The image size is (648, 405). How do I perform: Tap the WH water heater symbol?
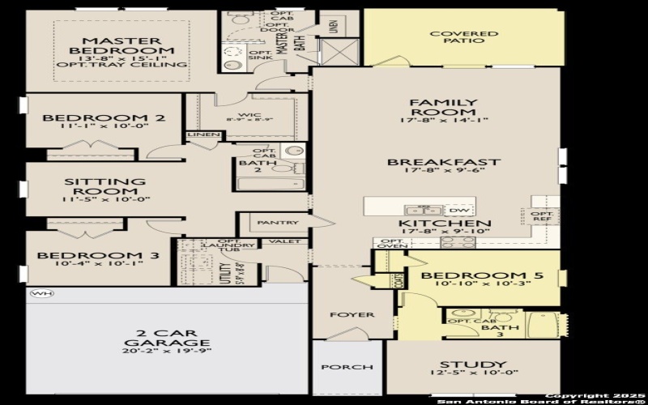pyautogui.click(x=37, y=292)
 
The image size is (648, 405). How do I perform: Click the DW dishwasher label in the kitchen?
pyautogui.click(x=458, y=210)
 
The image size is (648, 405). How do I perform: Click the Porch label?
pyautogui.click(x=347, y=367)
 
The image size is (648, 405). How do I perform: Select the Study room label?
pyautogui.click(x=472, y=364)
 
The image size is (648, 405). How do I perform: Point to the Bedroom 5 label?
pyautogui.click(x=469, y=275)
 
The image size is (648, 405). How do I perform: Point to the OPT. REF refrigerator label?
pyautogui.click(x=542, y=216)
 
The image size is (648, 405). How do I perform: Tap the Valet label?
pyautogui.click(x=291, y=241)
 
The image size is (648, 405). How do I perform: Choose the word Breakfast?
pyautogui.click(x=443, y=161)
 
